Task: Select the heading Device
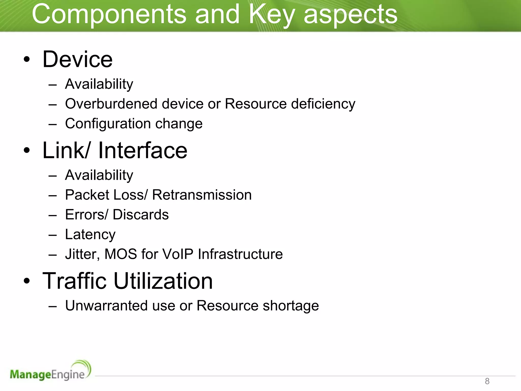tap(77, 59)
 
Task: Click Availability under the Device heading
tap(99, 84)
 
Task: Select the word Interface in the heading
tap(143, 150)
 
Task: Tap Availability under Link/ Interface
tap(99, 175)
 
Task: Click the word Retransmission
tap(202, 195)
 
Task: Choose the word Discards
tap(141, 215)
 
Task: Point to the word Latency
tap(90, 234)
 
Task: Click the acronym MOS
tap(121, 254)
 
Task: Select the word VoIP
tap(178, 254)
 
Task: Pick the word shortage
tap(291, 305)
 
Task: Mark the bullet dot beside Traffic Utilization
tap(27, 281)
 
